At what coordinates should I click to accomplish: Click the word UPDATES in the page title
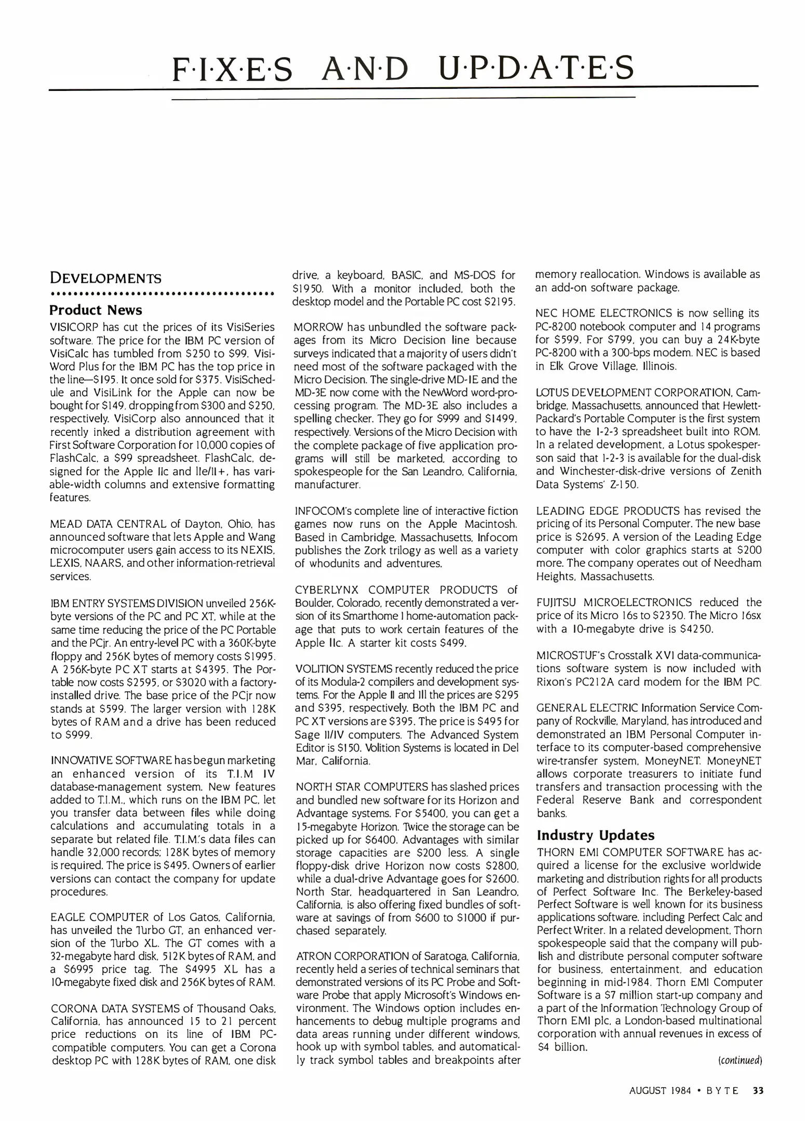point(535,69)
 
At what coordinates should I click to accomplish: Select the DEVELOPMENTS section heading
point(105,278)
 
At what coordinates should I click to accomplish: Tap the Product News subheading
point(96,310)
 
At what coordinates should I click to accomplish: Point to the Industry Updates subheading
point(596,835)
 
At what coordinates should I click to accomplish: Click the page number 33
point(758,1090)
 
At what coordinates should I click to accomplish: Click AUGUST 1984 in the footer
point(660,1090)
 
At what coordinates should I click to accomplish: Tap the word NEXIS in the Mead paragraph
point(259,550)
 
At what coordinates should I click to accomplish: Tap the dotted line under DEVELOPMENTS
point(162,294)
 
